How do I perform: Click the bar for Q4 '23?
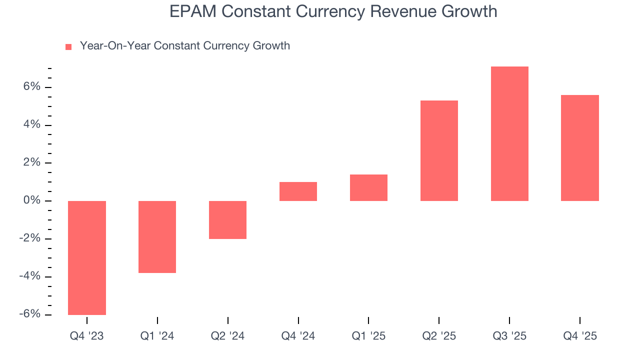click(87, 257)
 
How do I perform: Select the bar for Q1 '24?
click(157, 236)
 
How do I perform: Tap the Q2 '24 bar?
click(227, 219)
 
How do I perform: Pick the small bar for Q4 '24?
click(298, 191)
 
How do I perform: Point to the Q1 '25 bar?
click(368, 187)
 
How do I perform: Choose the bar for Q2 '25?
click(439, 150)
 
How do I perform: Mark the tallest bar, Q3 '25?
click(509, 133)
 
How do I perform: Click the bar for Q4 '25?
click(580, 148)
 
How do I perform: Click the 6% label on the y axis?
click(31, 86)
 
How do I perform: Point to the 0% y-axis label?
click(31, 200)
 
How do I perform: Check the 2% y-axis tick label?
click(31, 162)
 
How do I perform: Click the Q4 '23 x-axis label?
click(87, 336)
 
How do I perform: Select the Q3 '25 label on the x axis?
click(509, 336)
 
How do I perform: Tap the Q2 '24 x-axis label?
click(227, 336)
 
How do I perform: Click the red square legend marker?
click(68, 46)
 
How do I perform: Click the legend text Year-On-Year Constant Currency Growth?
click(185, 46)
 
